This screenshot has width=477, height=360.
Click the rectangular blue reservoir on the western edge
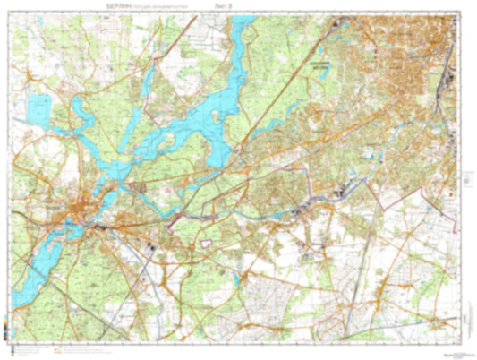[38, 109]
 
